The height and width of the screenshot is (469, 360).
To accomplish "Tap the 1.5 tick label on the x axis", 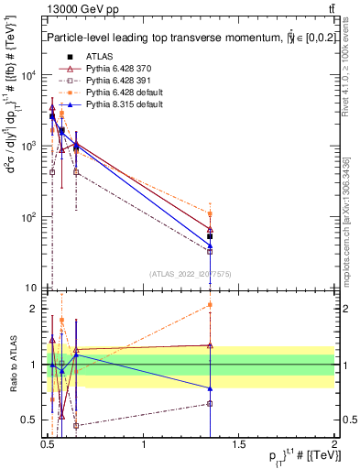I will (x=240, y=446).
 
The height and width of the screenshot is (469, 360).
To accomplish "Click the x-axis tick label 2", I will (x=335, y=446).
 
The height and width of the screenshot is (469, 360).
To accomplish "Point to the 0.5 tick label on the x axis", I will (x=48, y=446).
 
